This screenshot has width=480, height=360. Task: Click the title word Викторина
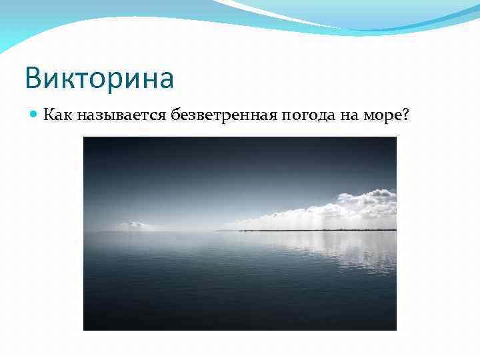(x=99, y=78)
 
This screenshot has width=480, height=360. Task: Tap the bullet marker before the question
(x=35, y=115)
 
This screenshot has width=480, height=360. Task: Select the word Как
(x=58, y=115)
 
